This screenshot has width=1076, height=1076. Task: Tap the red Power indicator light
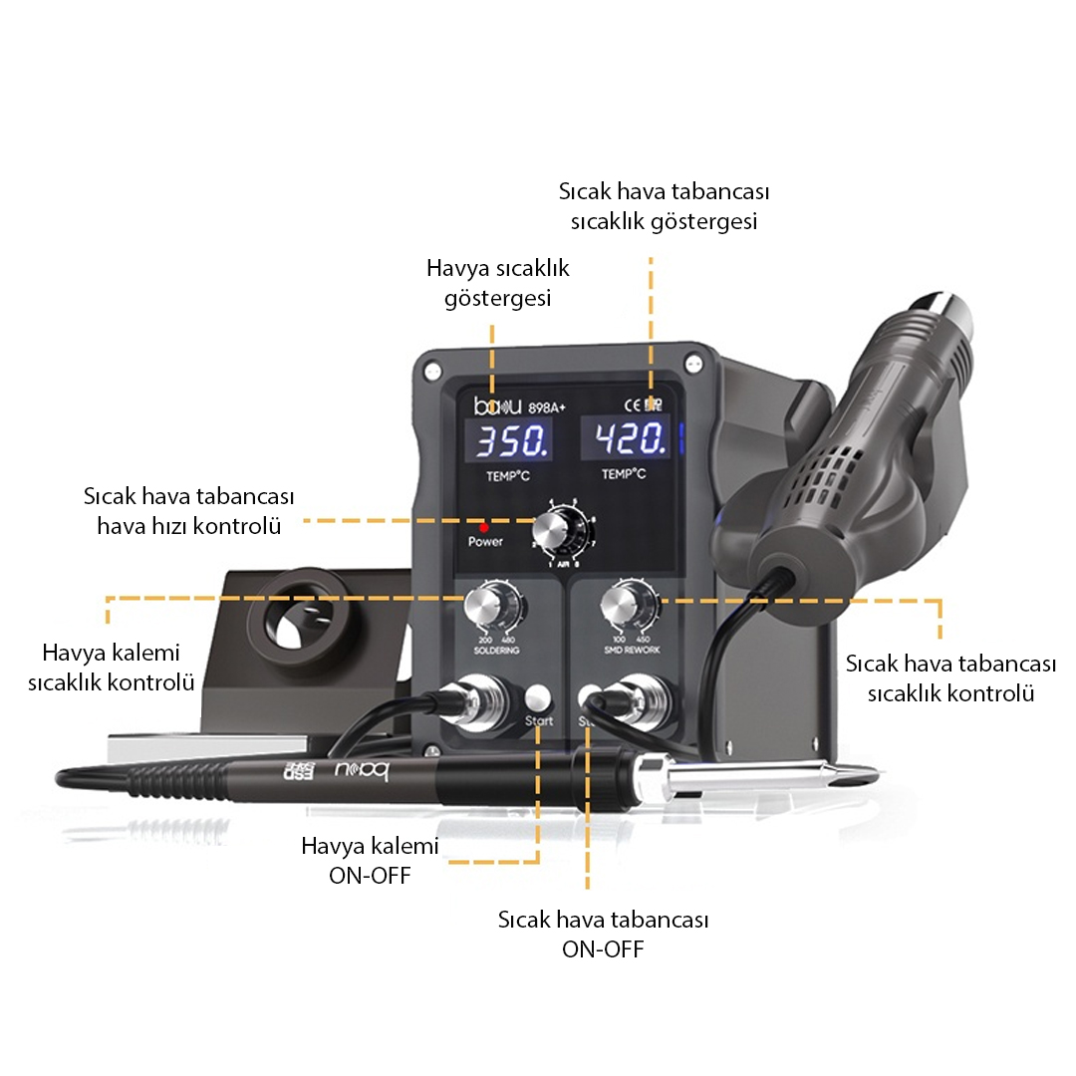click(484, 527)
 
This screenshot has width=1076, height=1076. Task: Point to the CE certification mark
click(632, 404)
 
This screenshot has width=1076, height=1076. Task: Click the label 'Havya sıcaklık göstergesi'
click(497, 283)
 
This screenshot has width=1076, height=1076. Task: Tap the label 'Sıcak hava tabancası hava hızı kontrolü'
click(188, 511)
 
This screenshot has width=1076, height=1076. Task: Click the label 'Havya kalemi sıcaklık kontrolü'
click(111, 669)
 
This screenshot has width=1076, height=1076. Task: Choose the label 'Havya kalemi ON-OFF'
click(370, 861)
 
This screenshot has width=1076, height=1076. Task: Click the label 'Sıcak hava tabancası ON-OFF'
click(603, 934)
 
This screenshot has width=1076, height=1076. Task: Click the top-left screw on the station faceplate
click(431, 373)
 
